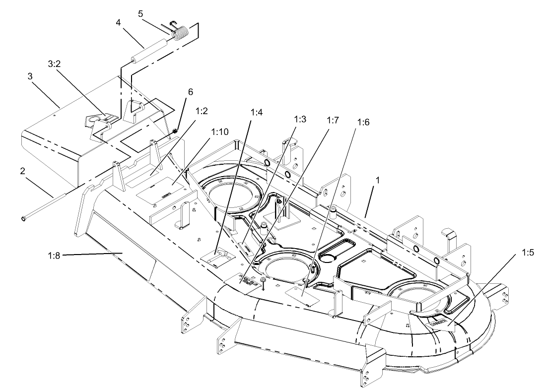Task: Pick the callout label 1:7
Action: pyautogui.click(x=333, y=120)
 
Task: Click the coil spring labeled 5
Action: pyautogui.click(x=181, y=33)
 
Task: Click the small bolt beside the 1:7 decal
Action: pyautogui.click(x=264, y=282)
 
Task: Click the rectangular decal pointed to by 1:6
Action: pyautogui.click(x=302, y=296)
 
